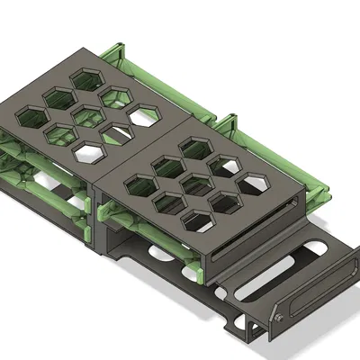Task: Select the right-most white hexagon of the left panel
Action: pos(144,114)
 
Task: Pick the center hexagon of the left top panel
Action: pos(87,113)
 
